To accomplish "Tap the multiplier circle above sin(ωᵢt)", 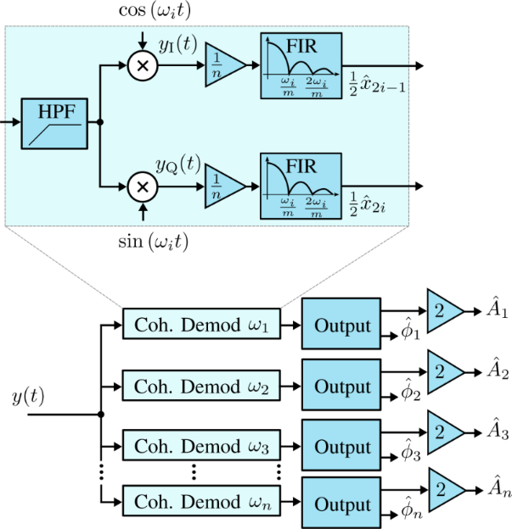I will tap(143, 186).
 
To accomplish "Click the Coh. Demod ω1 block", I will tap(200, 326).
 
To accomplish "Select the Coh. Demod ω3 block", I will tap(200, 445).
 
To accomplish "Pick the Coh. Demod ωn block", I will tap(200, 502).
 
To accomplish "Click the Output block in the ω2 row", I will tap(342, 386).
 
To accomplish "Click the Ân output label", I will tap(498, 487).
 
